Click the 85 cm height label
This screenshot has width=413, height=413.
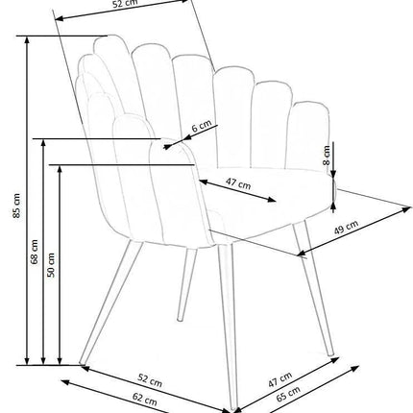coord(16,206)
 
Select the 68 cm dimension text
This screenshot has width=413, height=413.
coord(34,252)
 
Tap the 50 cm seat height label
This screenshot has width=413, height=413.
coord(51,265)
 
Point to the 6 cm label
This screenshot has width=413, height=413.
coord(202,126)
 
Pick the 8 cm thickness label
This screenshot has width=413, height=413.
coord(327,155)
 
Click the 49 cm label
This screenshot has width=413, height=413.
coord(346,227)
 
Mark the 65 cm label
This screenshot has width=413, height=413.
coord(288,394)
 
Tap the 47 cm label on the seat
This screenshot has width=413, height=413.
coord(238,183)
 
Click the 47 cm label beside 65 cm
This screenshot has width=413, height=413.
coord(280,379)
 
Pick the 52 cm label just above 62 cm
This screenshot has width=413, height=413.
coord(150,380)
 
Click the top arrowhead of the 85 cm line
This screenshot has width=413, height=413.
coord(27,39)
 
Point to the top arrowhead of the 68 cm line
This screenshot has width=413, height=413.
coord(44,143)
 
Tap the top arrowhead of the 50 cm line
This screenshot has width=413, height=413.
coord(60,169)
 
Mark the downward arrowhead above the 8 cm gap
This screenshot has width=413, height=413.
coord(333,173)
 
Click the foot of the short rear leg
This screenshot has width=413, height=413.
coord(180,319)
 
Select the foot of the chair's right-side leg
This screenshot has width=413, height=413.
coord(330,353)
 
